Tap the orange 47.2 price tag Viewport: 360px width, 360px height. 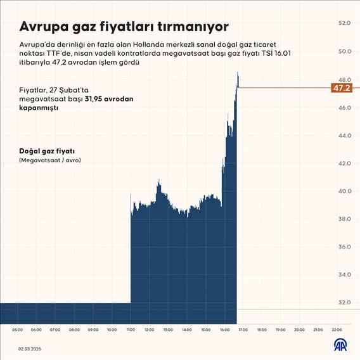pos(342,88)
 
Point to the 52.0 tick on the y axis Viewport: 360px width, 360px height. pos(345,23)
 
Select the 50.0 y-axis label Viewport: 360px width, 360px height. pos(345,51)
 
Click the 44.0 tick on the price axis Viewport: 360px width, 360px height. pos(345,135)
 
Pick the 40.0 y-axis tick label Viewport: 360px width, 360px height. pos(345,191)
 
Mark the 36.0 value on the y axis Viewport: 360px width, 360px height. pos(345,247)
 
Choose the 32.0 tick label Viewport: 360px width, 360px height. pos(345,302)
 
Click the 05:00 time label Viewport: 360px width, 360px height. pos(17,330)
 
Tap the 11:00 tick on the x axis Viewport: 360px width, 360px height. pos(131,330)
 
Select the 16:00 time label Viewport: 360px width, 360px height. pos(224,330)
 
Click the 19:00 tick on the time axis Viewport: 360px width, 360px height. pos(281,330)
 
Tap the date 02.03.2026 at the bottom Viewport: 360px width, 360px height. pos(30,349)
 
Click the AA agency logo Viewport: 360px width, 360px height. pos(341,345)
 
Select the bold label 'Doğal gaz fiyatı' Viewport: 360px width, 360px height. pos(47,151)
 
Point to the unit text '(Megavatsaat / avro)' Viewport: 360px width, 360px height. pos(50,160)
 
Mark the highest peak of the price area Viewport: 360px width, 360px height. pos(238,74)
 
